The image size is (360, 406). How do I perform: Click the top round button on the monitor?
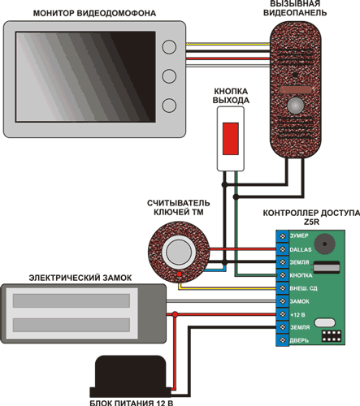[x=169, y=47]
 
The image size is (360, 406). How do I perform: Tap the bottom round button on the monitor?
[x=169, y=106]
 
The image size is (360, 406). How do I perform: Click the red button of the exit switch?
[x=231, y=139]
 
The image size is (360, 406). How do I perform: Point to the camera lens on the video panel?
[x=295, y=75]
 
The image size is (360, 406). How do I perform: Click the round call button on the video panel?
[x=296, y=106]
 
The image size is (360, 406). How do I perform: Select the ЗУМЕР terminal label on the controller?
[x=299, y=235]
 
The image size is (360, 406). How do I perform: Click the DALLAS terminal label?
[x=301, y=249]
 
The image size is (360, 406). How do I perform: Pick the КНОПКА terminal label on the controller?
[x=301, y=275]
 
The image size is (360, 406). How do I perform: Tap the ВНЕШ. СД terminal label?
[x=303, y=288]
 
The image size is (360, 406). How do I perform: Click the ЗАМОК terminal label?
[x=300, y=301]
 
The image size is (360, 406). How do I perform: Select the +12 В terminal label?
[x=297, y=315]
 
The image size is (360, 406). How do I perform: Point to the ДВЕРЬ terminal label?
[x=299, y=340]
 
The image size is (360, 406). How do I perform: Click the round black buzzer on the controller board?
[x=324, y=244]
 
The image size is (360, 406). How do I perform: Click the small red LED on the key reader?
[x=179, y=274]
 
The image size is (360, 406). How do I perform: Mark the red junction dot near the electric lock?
[x=175, y=314]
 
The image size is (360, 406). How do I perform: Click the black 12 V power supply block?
[x=131, y=377]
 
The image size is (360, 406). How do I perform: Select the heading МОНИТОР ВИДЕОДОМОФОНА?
[x=94, y=13]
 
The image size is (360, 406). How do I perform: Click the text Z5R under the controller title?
[x=311, y=222]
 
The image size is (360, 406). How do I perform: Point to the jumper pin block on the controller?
[x=332, y=336]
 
